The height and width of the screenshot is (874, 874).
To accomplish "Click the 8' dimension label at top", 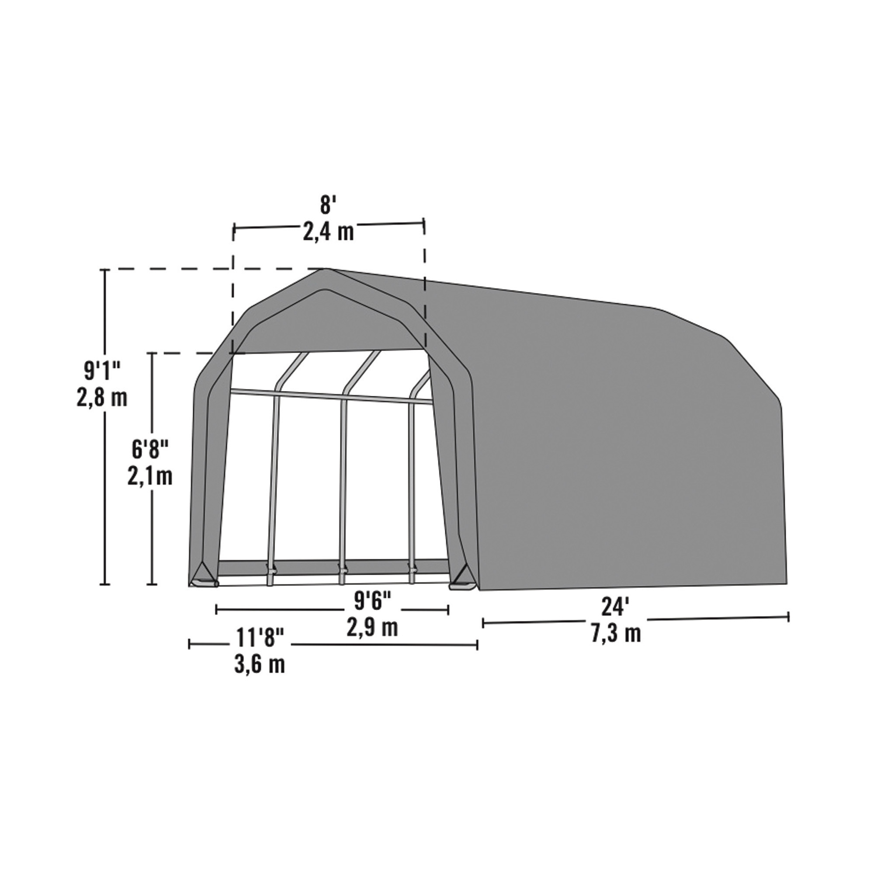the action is pyautogui.click(x=326, y=205).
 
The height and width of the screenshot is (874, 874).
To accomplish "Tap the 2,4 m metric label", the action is pyautogui.click(x=328, y=232).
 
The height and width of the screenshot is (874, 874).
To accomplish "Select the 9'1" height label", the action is pyautogui.click(x=102, y=371).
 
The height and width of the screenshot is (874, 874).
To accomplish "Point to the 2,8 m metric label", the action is pyautogui.click(x=102, y=398).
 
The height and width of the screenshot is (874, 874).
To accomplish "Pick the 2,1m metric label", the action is pyautogui.click(x=150, y=477).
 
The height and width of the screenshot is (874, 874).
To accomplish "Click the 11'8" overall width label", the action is pyautogui.click(x=260, y=638).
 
